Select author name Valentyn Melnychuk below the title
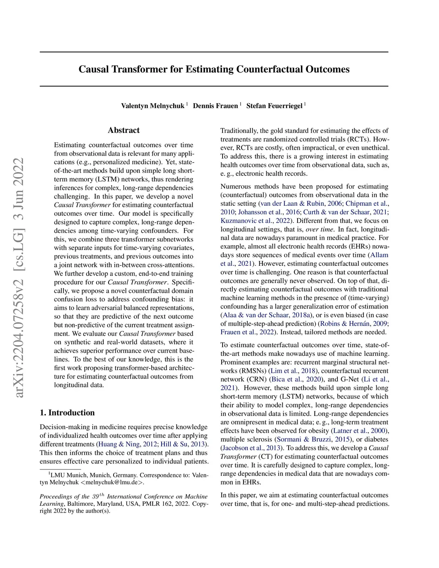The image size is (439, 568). pos(153,106)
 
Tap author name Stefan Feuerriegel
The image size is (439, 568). pos(274,106)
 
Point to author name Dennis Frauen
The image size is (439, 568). pos(215,106)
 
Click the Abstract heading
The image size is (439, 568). pos(123,130)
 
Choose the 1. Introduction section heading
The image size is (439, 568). pos(67,413)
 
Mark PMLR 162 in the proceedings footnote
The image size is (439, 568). pos(156,504)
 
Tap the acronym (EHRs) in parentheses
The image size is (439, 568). pos(358,246)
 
